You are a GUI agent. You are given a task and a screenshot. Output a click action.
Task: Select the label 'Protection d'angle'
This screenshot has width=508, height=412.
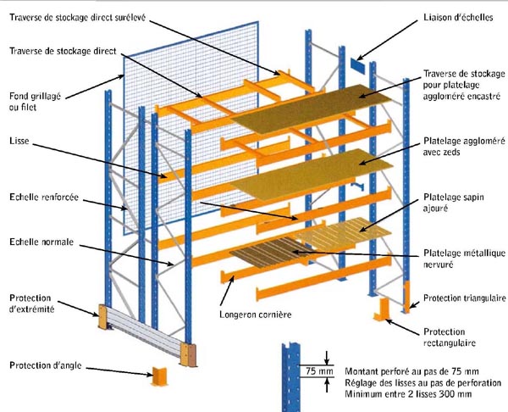(x=47, y=365)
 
